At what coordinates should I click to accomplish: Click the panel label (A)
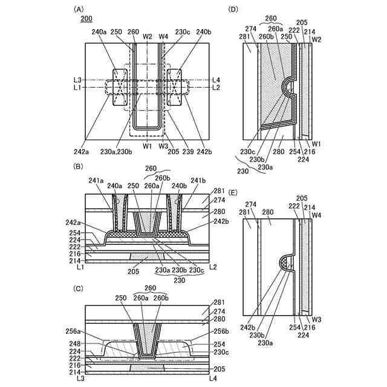click(x=78, y=10)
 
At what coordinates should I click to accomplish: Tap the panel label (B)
click(x=78, y=165)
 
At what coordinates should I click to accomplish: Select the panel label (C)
click(x=78, y=289)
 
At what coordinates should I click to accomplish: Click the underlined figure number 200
click(x=87, y=19)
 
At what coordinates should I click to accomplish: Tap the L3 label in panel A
click(x=78, y=80)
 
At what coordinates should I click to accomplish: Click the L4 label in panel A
click(x=216, y=80)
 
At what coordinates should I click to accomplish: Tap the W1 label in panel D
click(x=317, y=143)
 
